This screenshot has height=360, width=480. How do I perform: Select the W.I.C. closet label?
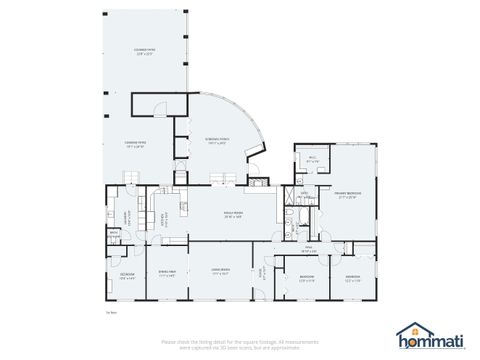[312, 158]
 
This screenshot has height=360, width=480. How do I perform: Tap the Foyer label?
[262, 271]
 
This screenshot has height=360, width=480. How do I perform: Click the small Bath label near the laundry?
[113, 236]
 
